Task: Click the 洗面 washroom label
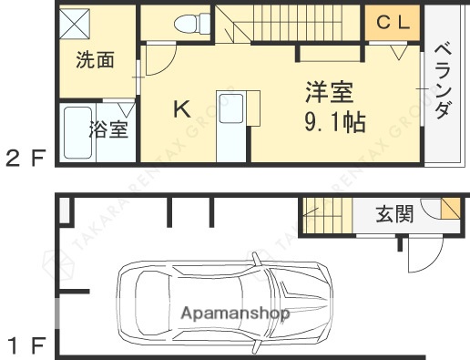(95, 61)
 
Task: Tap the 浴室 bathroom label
(107, 130)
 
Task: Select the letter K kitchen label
(182, 110)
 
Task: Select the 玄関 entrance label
(395, 215)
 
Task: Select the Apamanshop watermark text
(236, 314)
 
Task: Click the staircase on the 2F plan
(282, 23)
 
